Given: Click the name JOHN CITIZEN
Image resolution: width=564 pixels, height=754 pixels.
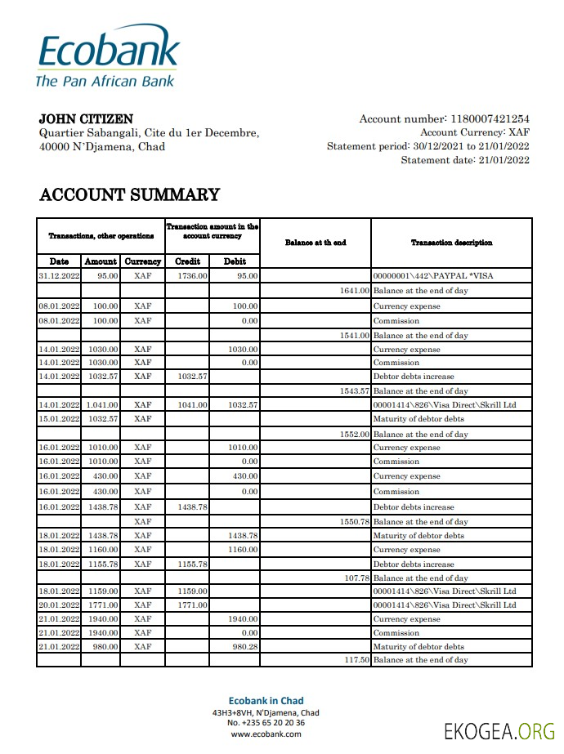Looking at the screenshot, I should click(x=86, y=119).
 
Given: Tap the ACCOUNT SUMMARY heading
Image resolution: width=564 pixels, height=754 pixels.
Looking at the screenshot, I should click(x=129, y=194).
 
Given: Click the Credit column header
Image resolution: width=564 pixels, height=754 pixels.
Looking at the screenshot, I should click(x=188, y=261).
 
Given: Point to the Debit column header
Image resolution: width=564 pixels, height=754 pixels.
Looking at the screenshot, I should click(x=235, y=261).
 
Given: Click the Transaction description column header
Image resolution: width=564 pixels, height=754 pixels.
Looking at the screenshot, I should click(x=451, y=243).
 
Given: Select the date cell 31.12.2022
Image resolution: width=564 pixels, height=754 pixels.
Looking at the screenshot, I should click(x=59, y=276).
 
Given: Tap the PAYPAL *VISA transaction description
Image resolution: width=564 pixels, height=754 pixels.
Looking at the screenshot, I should click(x=432, y=276).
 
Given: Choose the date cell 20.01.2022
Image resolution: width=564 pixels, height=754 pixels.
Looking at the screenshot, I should click(x=59, y=605).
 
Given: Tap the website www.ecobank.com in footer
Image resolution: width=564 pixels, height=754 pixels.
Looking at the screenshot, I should click(x=266, y=734).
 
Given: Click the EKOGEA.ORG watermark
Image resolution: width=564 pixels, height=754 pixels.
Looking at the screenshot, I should click(x=499, y=731).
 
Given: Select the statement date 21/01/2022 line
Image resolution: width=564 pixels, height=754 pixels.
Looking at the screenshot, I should click(x=464, y=160).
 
